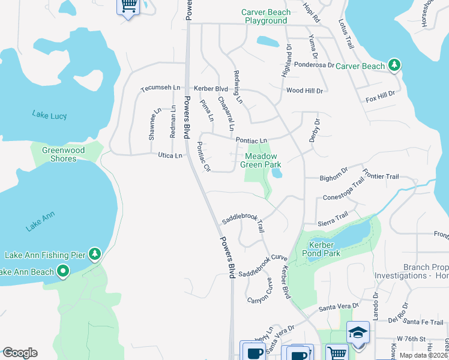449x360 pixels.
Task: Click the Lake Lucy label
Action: (x=50, y=115)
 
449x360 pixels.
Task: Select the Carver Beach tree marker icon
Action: (x=394, y=65)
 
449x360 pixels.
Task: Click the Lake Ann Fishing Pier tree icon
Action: (x=94, y=255)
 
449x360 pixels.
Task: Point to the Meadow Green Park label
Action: (x=261, y=160)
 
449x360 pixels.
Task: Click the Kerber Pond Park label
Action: (x=324, y=249)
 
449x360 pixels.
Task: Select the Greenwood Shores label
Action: (x=63, y=154)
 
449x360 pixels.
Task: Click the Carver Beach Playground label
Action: (x=266, y=16)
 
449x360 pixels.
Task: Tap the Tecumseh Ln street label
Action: (x=160, y=88)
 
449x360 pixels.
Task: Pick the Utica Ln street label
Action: (x=170, y=156)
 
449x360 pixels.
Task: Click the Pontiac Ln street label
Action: (x=251, y=140)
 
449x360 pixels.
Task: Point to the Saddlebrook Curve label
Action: (x=263, y=266)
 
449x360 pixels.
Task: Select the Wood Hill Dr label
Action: (x=304, y=91)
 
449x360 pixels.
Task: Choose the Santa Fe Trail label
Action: (x=424, y=323)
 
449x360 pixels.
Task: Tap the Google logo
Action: (x=20, y=353)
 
